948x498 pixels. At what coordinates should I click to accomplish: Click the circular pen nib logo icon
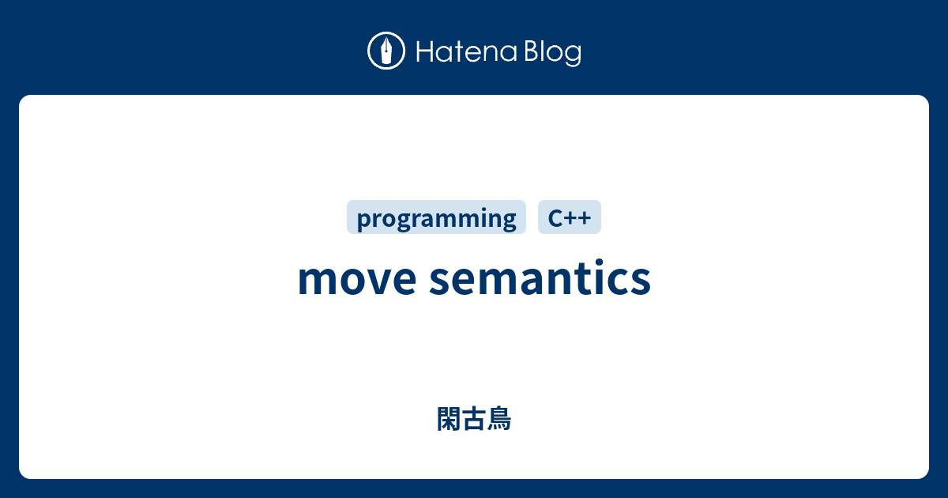(x=386, y=51)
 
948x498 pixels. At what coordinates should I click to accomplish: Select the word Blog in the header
(x=551, y=52)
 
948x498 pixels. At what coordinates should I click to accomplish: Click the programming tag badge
(x=436, y=217)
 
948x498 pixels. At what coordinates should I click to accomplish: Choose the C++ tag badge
(x=570, y=217)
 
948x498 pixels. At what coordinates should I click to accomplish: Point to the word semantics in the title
(x=540, y=279)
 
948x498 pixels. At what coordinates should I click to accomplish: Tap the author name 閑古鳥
(x=474, y=419)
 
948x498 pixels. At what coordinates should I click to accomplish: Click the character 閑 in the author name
(x=449, y=419)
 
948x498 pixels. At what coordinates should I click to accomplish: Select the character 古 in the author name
(x=474, y=419)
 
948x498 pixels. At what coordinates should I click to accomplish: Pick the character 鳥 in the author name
(x=499, y=419)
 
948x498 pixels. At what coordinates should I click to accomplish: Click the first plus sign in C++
(x=570, y=218)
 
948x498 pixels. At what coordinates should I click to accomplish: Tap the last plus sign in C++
(x=585, y=218)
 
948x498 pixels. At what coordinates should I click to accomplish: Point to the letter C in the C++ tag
(x=555, y=217)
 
